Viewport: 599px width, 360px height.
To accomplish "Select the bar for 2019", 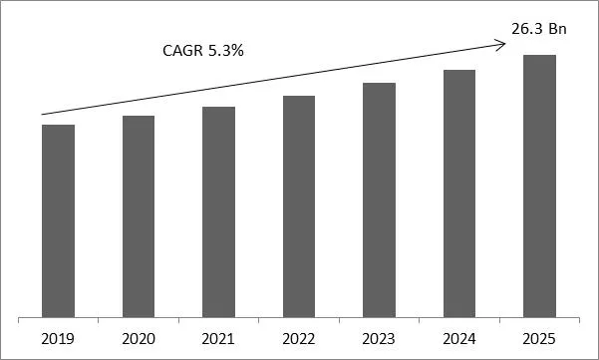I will tap(58, 220).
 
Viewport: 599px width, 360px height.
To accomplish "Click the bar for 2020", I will tap(139, 216).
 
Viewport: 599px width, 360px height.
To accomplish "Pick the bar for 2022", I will tap(299, 206).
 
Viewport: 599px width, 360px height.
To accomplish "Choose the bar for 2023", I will tap(379, 199).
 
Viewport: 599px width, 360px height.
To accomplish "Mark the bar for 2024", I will tap(459, 193).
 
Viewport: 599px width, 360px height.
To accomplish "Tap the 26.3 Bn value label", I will tap(539, 29).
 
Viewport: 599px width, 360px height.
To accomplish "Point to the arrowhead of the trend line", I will tap(500, 42).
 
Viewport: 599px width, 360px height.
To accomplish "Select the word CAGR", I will tap(180, 49).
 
